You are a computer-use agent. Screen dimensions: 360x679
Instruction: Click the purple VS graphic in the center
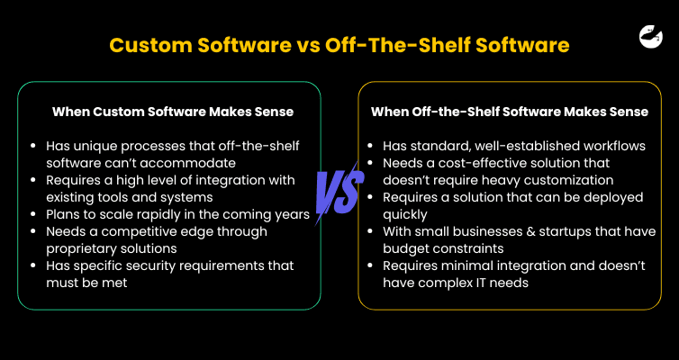(x=339, y=192)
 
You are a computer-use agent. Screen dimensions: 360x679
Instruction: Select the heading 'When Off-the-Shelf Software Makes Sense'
(x=510, y=112)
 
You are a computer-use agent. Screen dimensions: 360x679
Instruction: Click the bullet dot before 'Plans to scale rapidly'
(x=34, y=214)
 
